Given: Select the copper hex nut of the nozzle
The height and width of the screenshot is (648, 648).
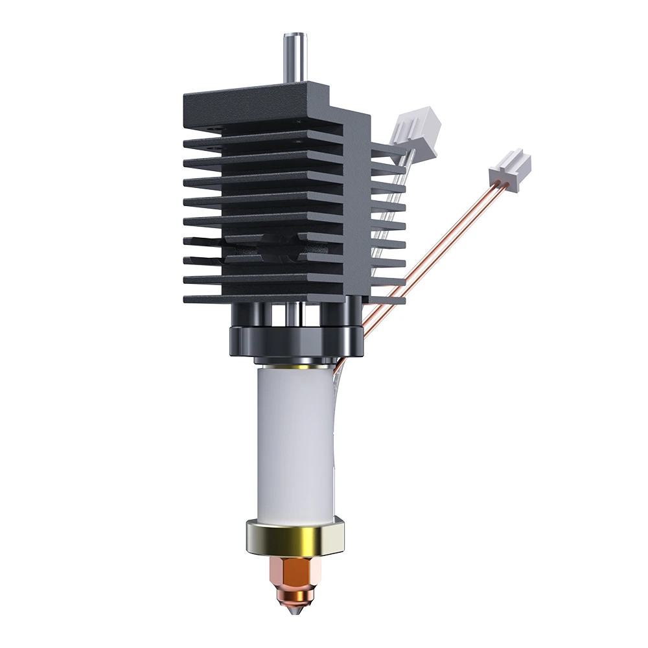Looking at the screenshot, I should (295, 573).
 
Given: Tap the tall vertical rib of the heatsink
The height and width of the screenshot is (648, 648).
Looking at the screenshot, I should (356, 207).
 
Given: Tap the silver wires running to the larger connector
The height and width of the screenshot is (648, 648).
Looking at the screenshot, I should (393, 194).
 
